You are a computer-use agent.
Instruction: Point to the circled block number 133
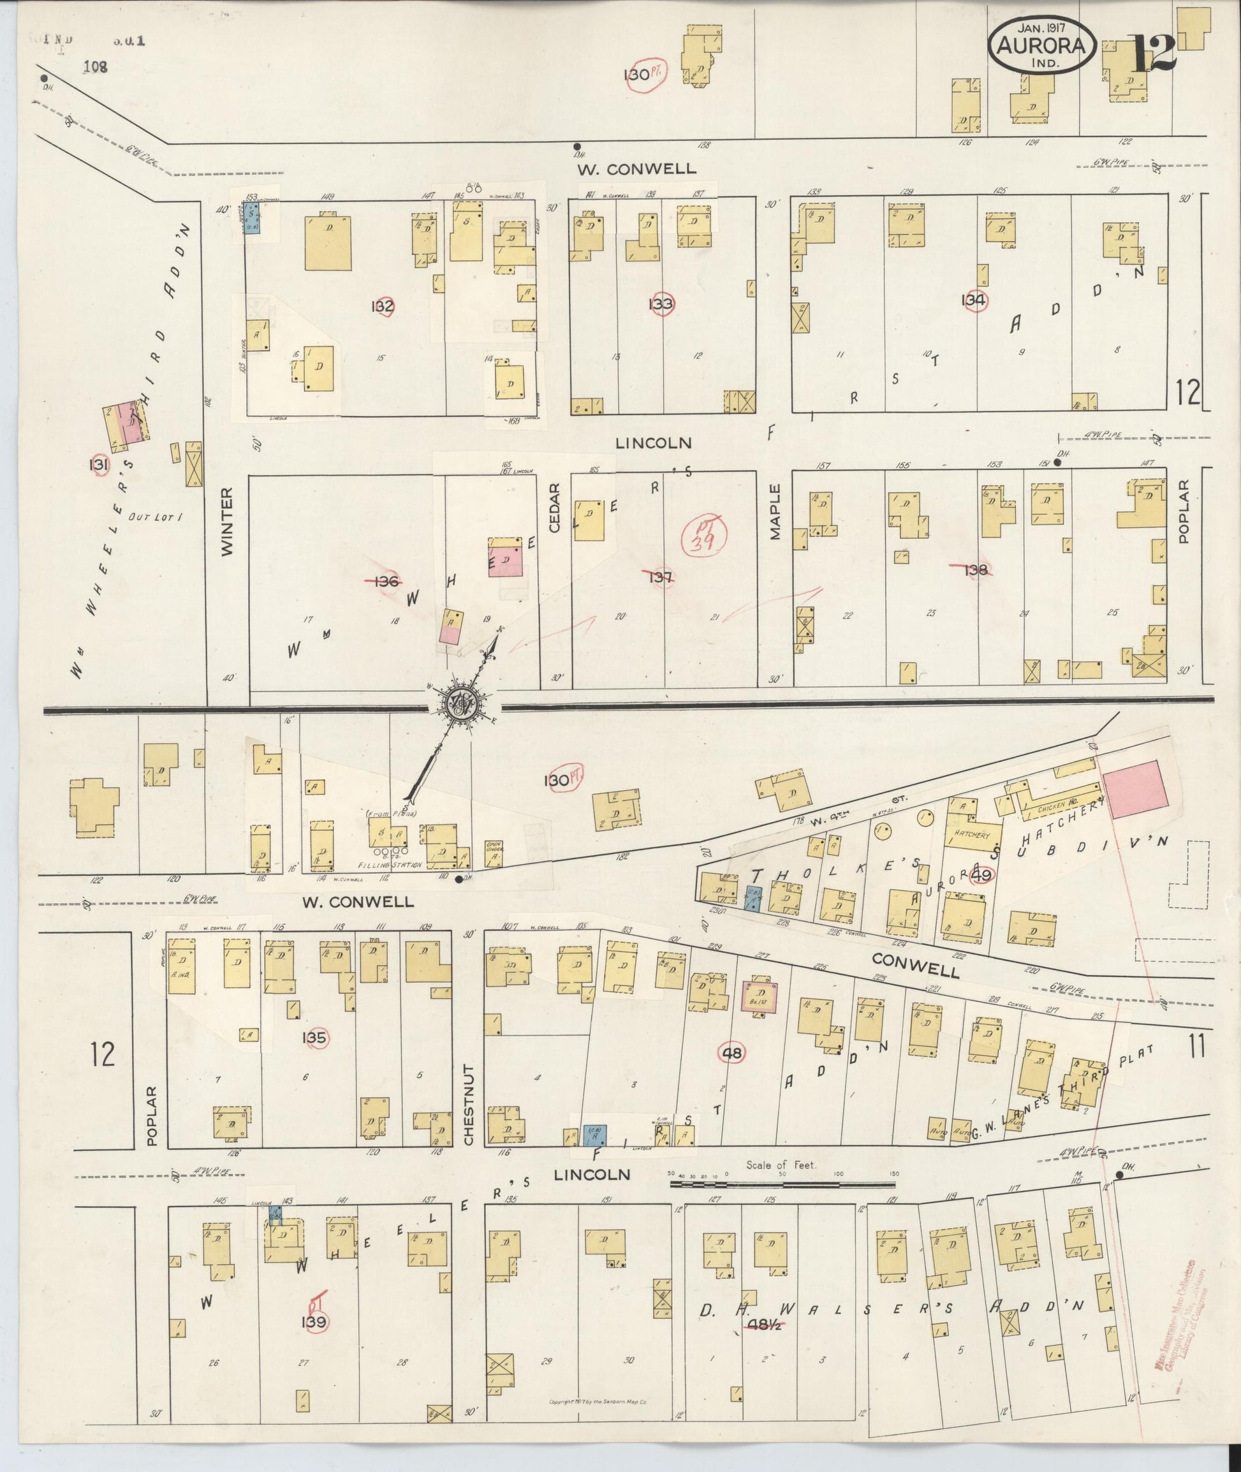661,304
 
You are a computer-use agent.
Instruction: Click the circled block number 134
975,300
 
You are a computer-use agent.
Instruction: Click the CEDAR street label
554,506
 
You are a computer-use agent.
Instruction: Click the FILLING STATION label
383,865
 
